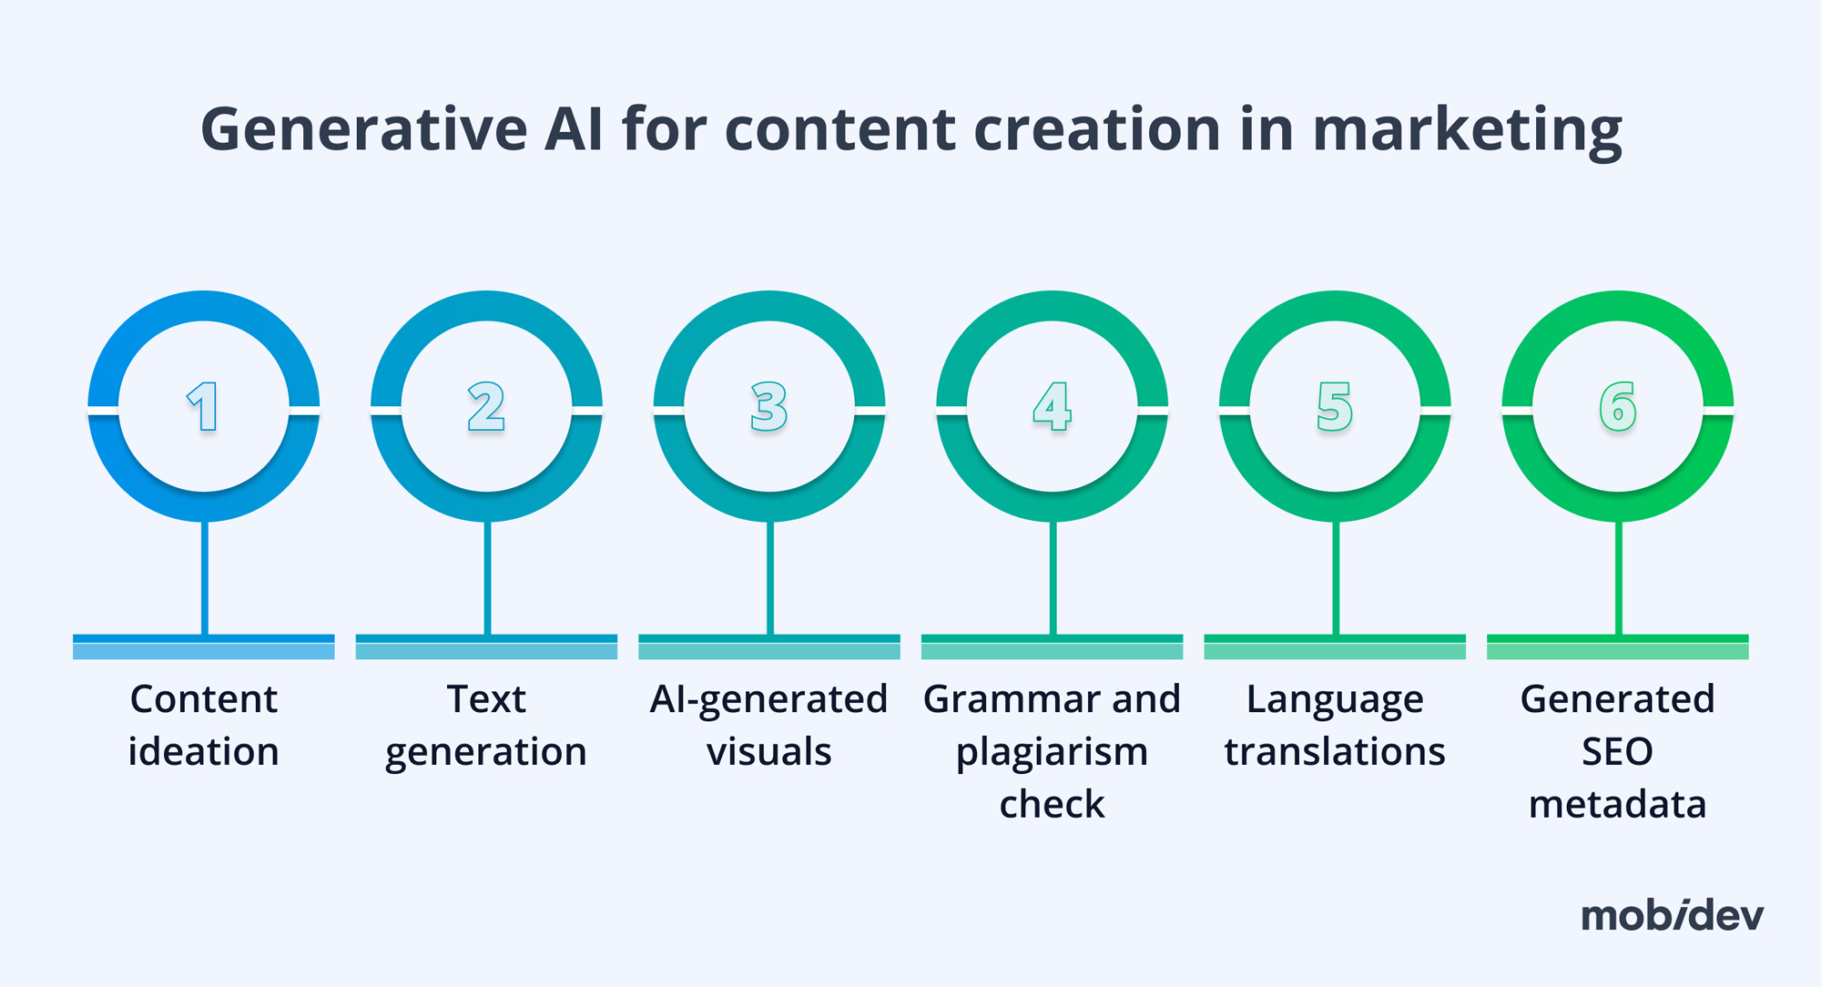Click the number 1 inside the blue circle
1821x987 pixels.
pyautogui.click(x=203, y=406)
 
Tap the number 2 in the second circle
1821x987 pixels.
pyautogui.click(x=486, y=406)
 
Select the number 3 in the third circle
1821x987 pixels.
pyautogui.click(x=769, y=406)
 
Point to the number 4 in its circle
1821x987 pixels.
pyautogui.click(x=1053, y=406)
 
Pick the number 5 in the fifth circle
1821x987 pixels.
pyautogui.click(x=1335, y=406)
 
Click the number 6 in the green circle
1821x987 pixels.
pyautogui.click(x=1618, y=406)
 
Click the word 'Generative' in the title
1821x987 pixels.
pyautogui.click(x=363, y=129)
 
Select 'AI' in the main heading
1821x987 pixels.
pyautogui.click(x=574, y=129)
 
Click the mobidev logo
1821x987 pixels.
pyautogui.click(x=1672, y=915)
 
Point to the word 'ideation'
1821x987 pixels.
pyautogui.click(x=203, y=752)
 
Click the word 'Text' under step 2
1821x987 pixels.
pyautogui.click(x=486, y=699)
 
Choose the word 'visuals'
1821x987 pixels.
pyautogui.click(x=769, y=752)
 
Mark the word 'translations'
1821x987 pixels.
pyautogui.click(x=1335, y=752)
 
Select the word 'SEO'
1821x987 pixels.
pyautogui.click(x=1618, y=752)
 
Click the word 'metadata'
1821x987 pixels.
pyautogui.click(x=1618, y=805)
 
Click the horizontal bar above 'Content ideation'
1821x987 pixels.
pyautogui.click(x=203, y=646)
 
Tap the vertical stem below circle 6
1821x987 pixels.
pyautogui.click(x=1618, y=578)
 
